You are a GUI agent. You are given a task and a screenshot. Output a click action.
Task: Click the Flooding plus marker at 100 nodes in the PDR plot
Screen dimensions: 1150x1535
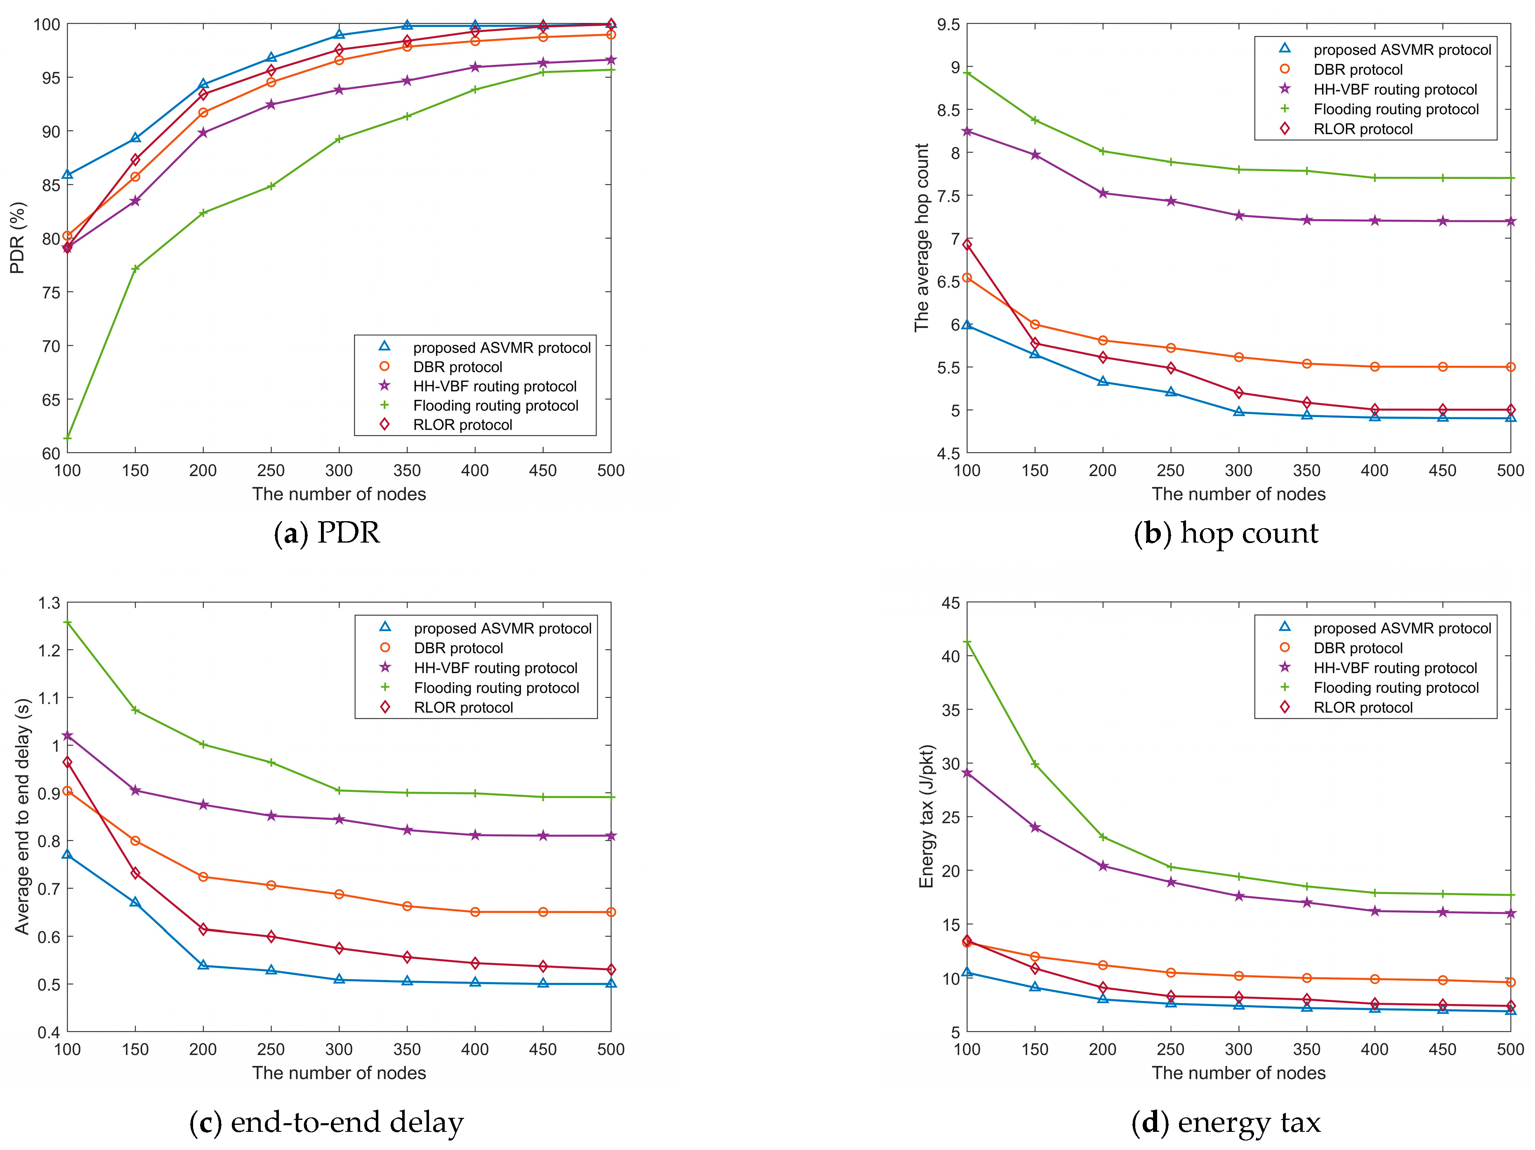[x=67, y=438]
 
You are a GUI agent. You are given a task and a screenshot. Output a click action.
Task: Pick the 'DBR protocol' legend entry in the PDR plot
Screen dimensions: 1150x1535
[x=457, y=367]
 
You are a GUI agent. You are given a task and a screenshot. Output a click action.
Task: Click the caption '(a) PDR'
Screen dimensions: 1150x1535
[x=327, y=533]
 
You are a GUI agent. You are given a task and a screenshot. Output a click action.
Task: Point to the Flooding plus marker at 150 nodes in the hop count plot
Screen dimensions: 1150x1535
[x=1035, y=120]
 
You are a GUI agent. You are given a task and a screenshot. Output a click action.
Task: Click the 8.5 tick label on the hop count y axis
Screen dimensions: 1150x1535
[x=948, y=110]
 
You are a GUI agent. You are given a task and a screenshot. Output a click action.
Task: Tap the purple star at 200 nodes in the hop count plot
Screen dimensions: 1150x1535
[x=1103, y=193]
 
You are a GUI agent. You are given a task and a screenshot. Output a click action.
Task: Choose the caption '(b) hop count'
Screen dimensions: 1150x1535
[x=1226, y=533]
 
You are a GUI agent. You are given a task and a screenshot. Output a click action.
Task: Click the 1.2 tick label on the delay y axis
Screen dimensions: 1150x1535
[x=49, y=650]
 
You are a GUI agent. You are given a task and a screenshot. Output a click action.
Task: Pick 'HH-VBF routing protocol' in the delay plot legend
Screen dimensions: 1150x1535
[x=495, y=668]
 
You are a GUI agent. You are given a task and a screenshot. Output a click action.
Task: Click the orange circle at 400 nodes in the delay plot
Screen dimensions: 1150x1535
[x=475, y=912]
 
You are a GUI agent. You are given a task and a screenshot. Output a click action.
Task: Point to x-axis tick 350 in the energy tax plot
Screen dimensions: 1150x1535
[x=1306, y=1049]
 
